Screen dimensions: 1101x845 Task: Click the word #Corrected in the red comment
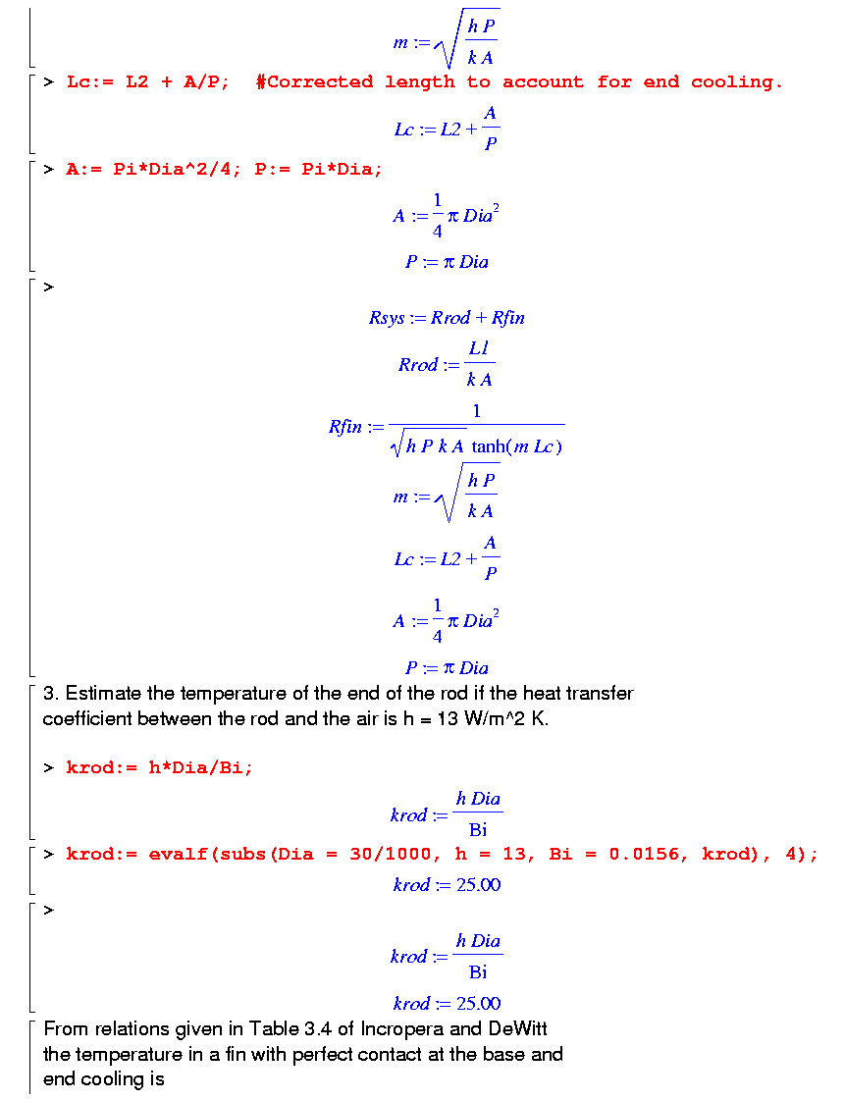[x=314, y=82]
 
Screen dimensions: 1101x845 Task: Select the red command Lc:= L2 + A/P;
[x=148, y=82]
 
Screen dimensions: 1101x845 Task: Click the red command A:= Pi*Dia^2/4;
[x=155, y=169]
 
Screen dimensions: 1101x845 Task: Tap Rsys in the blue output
[x=386, y=318]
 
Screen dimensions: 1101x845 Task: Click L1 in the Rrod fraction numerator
[x=479, y=349]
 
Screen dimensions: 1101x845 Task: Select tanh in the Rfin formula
[x=490, y=447]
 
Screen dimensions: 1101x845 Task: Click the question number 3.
[x=48, y=694]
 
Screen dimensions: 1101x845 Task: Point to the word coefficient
[x=87, y=718]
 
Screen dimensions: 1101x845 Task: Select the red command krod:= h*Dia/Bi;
[x=159, y=767]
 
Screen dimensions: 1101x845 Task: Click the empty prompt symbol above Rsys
[x=48, y=287]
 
